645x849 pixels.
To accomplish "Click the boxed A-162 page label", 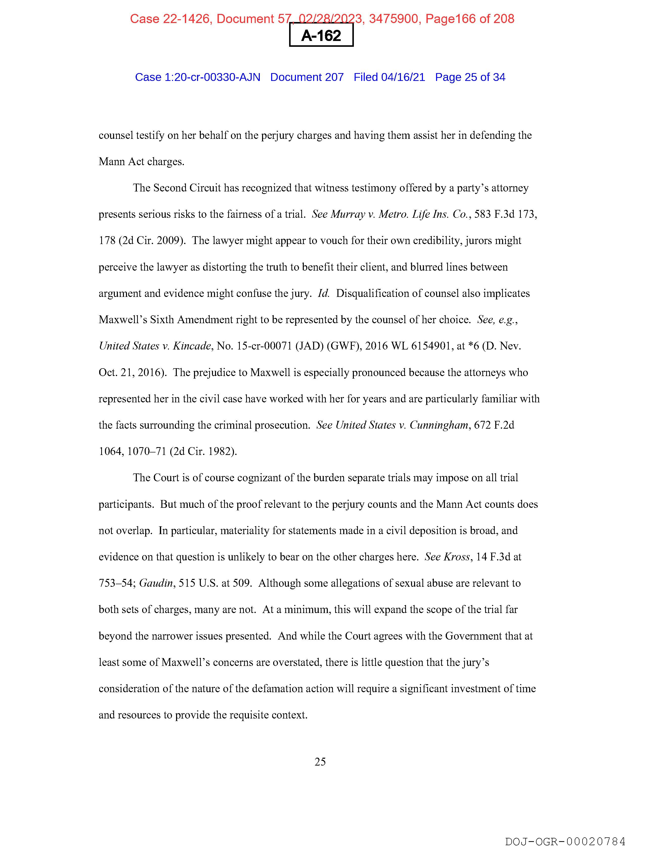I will (x=321, y=35).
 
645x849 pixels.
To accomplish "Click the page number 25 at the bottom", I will (x=320, y=761).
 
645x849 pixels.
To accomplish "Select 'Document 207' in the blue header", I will (x=307, y=77).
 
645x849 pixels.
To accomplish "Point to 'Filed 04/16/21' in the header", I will (x=389, y=77).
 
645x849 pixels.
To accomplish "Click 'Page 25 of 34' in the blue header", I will (x=470, y=77).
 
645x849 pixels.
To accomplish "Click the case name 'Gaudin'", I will (x=156, y=583).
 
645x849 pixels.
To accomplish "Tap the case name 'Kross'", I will (x=457, y=557).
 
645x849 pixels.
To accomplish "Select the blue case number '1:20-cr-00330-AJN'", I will (x=212, y=77).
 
